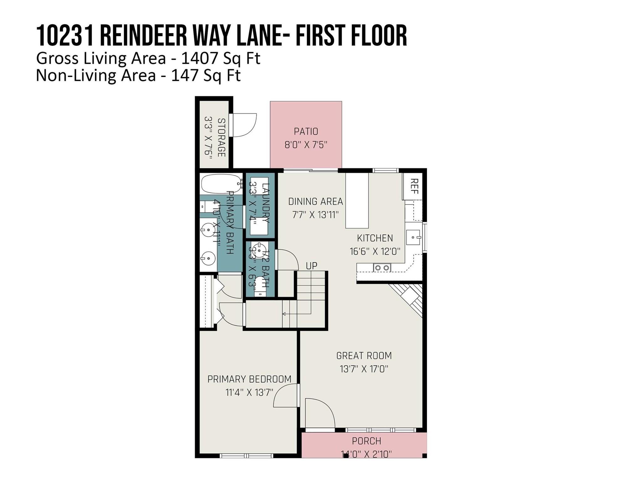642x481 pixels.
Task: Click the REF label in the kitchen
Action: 414,186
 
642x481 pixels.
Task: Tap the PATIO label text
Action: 306,132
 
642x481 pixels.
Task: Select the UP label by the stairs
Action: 311,266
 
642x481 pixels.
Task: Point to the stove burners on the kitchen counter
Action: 382,268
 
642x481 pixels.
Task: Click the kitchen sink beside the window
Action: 413,237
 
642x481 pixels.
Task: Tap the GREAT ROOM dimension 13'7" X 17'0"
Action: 364,369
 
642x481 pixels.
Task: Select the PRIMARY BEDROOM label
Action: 249,379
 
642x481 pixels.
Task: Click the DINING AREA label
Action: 315,201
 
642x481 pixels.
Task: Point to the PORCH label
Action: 366,441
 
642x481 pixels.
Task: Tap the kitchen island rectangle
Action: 357,201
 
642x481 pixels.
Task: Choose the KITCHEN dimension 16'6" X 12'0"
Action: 375,251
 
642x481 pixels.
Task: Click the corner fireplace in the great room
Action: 409,297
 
